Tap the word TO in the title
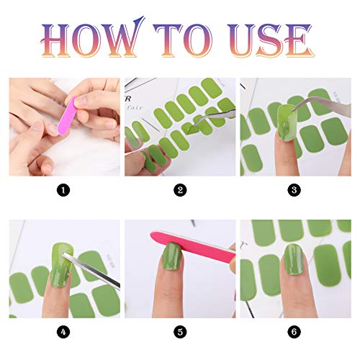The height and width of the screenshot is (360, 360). click(x=183, y=40)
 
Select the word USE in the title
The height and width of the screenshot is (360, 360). click(x=271, y=40)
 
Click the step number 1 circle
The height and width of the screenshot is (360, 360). click(x=63, y=190)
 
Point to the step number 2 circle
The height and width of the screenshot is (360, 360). click(x=180, y=190)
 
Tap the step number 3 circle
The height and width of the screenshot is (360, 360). click(x=294, y=190)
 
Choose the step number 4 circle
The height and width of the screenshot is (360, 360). click(x=63, y=332)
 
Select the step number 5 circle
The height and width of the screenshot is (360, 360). click(x=180, y=332)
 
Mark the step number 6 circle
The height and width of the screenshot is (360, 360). click(x=294, y=332)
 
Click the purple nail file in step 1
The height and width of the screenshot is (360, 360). click(x=67, y=116)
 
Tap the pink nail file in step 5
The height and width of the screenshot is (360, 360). click(x=193, y=246)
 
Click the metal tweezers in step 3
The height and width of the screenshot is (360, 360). click(x=322, y=106)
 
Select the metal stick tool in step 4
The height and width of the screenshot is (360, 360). click(x=91, y=271)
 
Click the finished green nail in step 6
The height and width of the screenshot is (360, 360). click(x=294, y=259)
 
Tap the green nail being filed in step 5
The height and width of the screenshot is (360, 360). click(x=171, y=256)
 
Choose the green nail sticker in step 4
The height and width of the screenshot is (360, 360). click(x=61, y=264)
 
